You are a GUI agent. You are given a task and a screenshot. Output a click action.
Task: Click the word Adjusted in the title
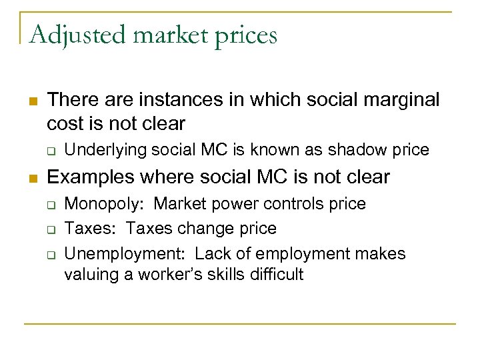66,34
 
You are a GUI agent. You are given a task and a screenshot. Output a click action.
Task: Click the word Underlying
105,150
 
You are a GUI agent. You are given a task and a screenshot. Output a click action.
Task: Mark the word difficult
274,274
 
